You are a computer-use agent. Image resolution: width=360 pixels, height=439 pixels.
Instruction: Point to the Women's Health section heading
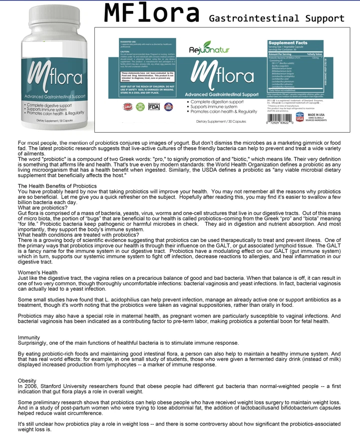(x=37, y=272)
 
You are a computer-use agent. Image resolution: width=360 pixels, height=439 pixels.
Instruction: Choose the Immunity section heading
(x=29, y=338)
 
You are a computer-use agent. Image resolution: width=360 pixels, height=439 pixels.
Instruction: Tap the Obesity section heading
(x=27, y=381)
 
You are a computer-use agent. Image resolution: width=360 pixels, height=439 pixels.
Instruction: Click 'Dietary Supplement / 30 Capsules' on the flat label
(x=221, y=121)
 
